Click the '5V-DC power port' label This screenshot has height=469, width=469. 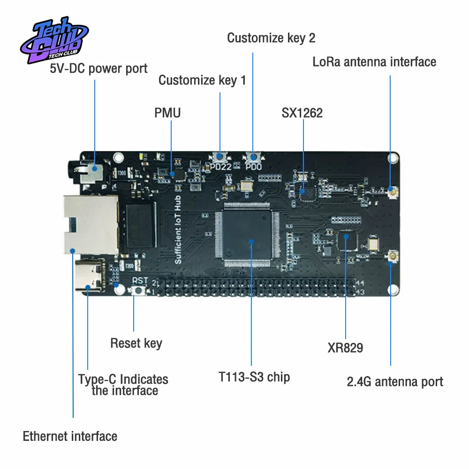click(98, 68)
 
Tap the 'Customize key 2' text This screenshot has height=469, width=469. click(271, 38)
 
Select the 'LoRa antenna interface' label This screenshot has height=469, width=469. click(374, 61)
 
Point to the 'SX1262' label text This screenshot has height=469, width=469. click(302, 113)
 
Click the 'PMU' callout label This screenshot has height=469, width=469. click(167, 113)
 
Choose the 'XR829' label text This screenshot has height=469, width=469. click(345, 348)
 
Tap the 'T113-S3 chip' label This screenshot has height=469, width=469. click(254, 377)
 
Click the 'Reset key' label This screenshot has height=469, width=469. click(136, 343)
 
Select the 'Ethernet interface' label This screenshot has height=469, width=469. click(70, 436)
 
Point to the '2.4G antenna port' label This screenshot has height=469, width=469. click(395, 381)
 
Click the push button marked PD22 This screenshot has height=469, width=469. click(219, 157)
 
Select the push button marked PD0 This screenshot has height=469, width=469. click(253, 157)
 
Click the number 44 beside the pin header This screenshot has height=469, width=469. click(360, 283)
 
